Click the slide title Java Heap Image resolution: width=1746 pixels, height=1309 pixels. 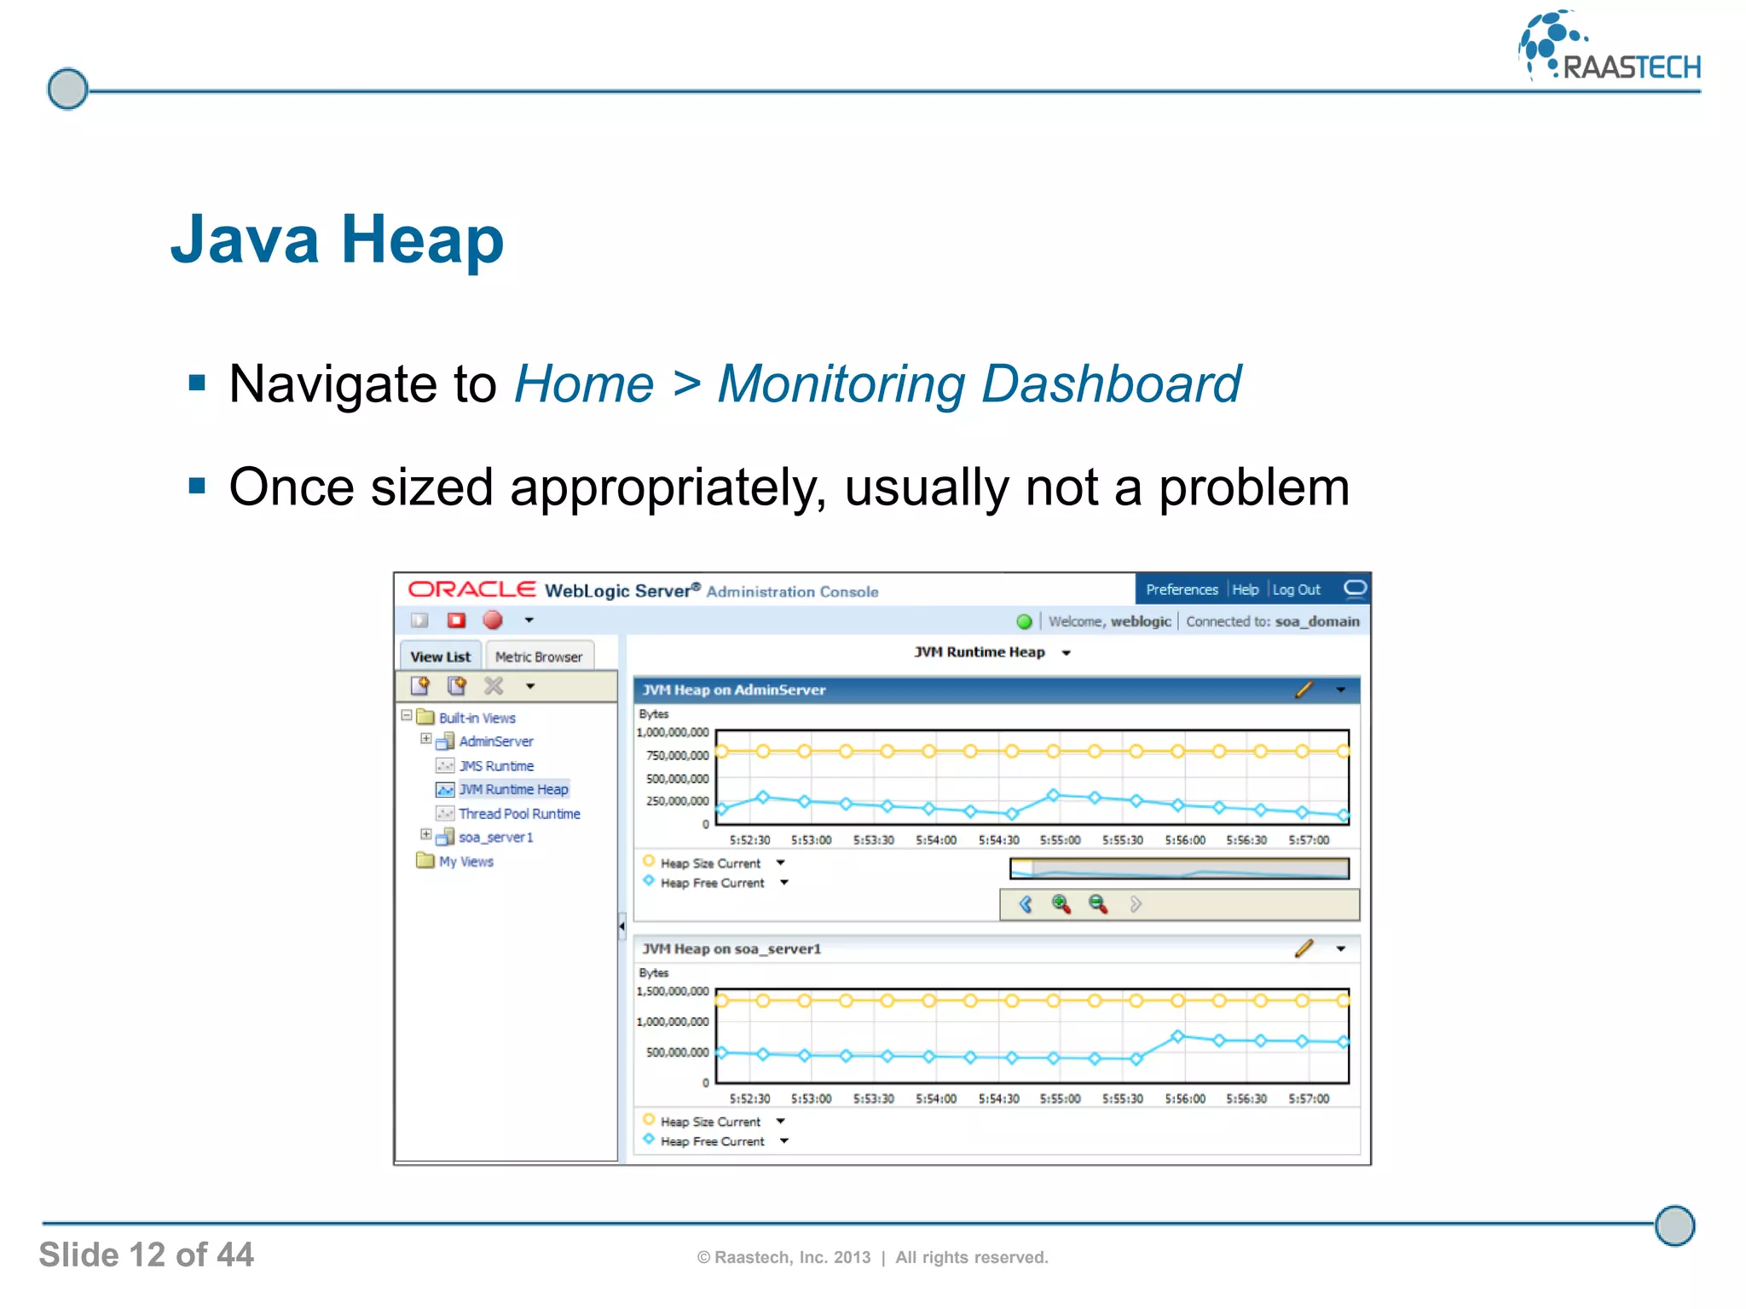click(x=337, y=240)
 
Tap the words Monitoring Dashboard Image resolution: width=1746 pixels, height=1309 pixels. click(x=979, y=384)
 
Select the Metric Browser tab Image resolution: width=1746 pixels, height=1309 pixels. click(x=538, y=657)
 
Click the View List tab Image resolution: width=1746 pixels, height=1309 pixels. click(x=440, y=657)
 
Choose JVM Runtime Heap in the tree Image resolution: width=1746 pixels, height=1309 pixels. click(x=513, y=790)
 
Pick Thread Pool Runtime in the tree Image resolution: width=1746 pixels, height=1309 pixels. click(x=519, y=814)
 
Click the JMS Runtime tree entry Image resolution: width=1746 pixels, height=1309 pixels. click(x=496, y=766)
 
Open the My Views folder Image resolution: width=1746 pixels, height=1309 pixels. click(x=465, y=862)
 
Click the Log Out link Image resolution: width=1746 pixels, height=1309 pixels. click(x=1296, y=590)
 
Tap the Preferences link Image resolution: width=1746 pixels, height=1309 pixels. click(x=1182, y=590)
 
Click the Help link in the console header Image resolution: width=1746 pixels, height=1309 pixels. click(x=1245, y=590)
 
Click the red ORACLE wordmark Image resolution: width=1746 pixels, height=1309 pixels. click(x=471, y=590)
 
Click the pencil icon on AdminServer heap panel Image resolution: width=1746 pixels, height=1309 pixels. click(x=1304, y=690)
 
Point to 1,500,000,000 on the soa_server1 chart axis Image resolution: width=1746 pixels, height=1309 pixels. click(x=673, y=991)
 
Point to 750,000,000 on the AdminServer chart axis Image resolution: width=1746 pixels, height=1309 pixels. click(x=677, y=756)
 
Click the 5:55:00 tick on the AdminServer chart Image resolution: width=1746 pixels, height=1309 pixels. click(x=1060, y=840)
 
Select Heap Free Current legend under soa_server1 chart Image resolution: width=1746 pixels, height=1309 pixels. click(x=712, y=1142)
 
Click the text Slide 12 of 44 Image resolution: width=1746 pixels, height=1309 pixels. click(x=147, y=1255)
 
